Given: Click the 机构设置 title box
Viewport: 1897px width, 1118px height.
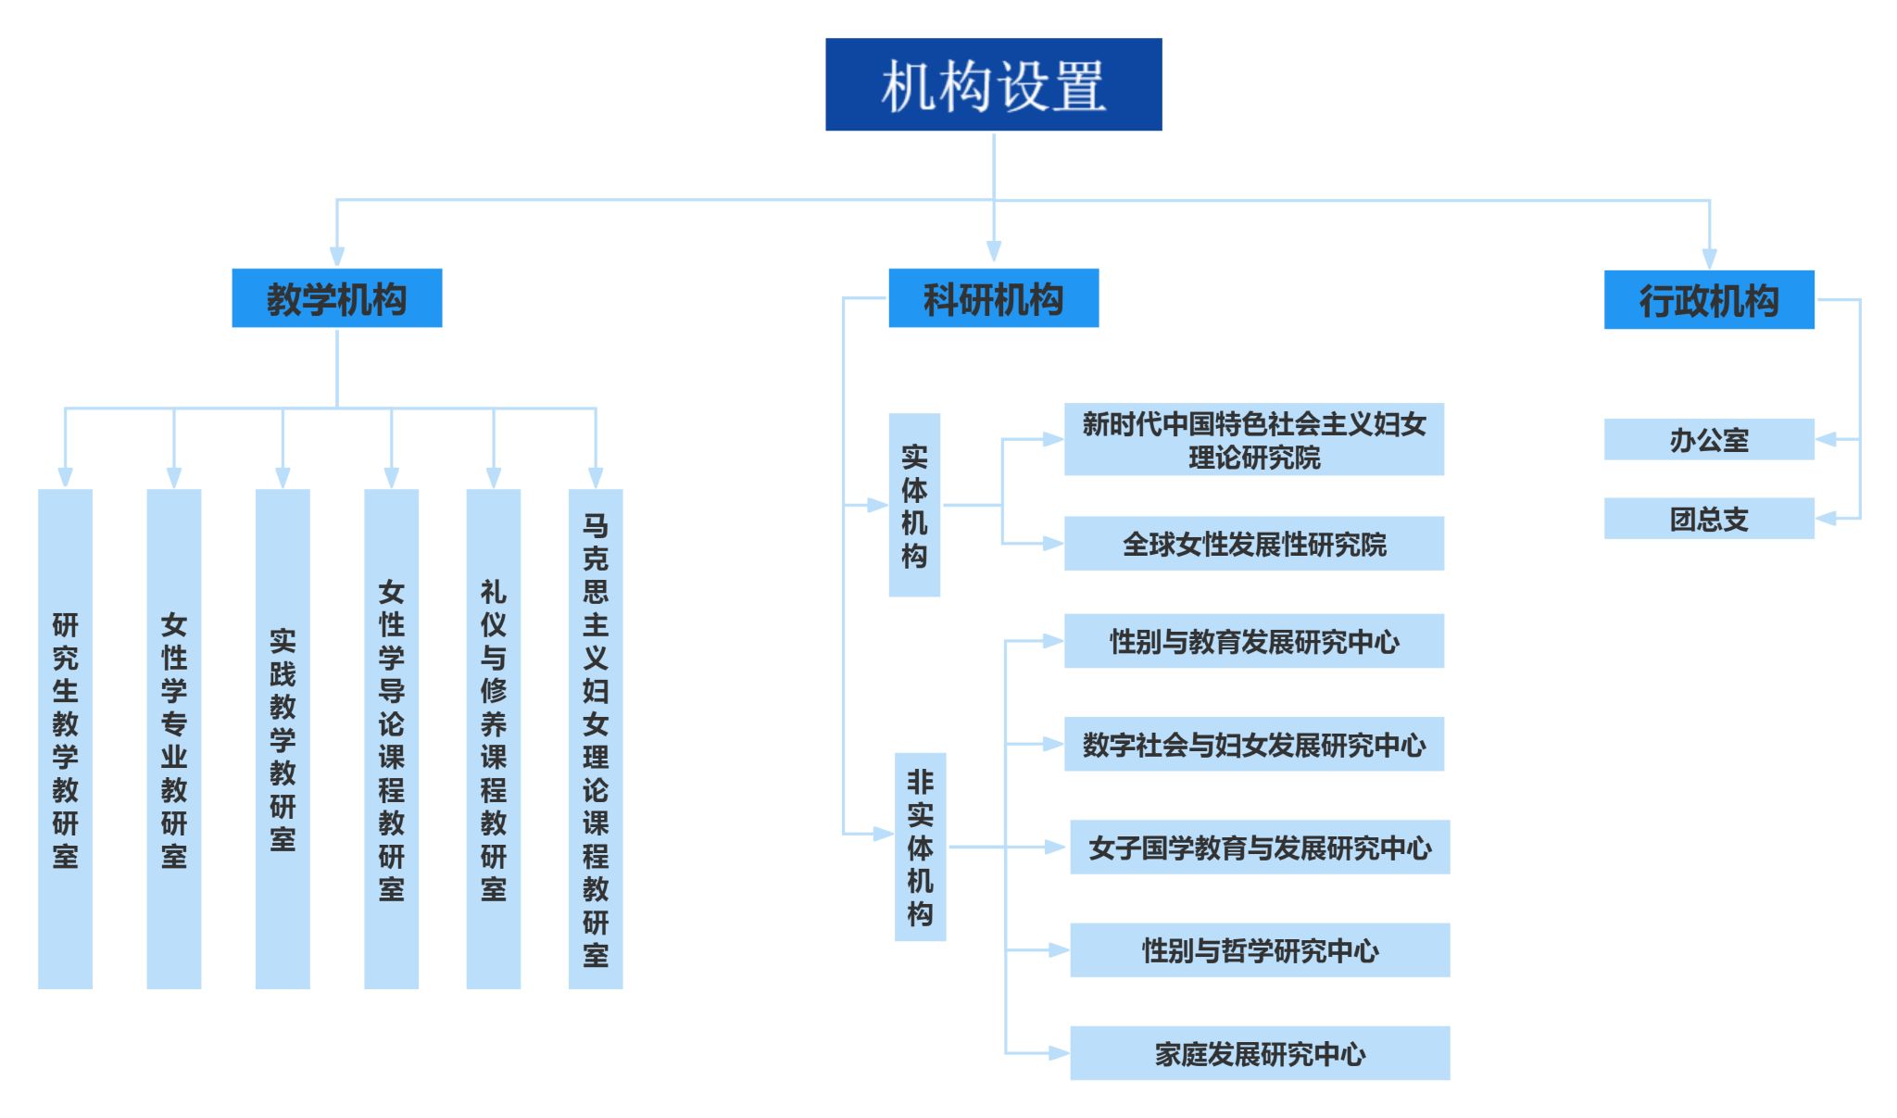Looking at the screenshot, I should click(x=993, y=84).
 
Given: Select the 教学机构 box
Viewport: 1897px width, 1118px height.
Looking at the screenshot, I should click(x=336, y=298).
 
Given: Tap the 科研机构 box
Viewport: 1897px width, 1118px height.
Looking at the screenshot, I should click(x=993, y=298).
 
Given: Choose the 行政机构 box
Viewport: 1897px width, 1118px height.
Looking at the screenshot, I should click(x=1708, y=300).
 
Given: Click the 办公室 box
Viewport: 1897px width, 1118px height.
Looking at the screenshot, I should click(x=1708, y=439).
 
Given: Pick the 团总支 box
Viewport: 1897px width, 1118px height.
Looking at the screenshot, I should click(x=1708, y=519).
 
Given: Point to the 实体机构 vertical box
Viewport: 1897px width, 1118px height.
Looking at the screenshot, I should click(x=914, y=505).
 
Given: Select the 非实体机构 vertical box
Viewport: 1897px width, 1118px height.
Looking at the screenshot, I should click(x=920, y=847).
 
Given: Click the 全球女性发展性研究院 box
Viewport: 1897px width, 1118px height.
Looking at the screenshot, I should click(x=1253, y=544).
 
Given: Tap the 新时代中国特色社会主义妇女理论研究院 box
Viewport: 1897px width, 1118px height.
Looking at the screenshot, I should click(x=1253, y=439).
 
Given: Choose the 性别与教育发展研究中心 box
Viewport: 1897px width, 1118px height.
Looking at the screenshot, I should click(x=1253, y=641).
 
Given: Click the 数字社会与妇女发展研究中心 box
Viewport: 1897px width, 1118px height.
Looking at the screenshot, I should click(x=1253, y=744).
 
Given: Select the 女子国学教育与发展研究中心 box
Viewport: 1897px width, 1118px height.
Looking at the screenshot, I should click(x=1260, y=847).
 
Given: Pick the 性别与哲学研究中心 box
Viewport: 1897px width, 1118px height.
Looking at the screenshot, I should click(x=1260, y=949).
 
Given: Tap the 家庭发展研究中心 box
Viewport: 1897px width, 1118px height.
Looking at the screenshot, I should click(x=1260, y=1053).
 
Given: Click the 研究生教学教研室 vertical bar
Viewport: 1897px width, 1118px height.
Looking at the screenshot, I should click(x=65, y=738).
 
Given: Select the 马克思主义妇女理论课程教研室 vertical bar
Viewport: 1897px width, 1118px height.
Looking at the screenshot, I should click(x=596, y=738).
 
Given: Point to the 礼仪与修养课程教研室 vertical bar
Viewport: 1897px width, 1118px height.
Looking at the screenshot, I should click(x=494, y=738).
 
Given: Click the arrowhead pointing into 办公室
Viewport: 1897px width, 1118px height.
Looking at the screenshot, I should click(x=1826, y=439).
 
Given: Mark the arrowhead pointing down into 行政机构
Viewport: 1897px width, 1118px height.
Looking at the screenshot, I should click(x=1709, y=259).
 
